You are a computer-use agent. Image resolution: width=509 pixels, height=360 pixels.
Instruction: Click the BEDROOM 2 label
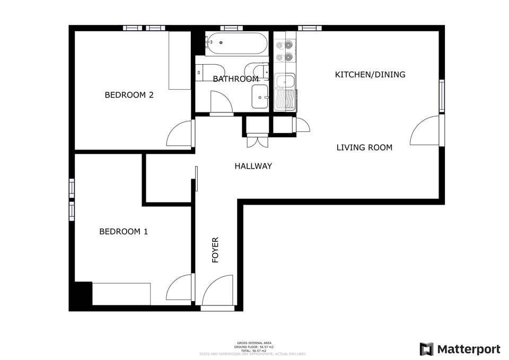(x=129, y=95)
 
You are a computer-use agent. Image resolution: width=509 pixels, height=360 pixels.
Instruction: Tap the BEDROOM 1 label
(x=124, y=232)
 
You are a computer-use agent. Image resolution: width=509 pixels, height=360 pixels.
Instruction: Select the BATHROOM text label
(x=235, y=79)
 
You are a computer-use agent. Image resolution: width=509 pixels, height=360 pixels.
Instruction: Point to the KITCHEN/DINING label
(x=370, y=75)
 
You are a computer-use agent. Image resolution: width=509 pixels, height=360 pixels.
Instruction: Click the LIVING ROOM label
(x=364, y=147)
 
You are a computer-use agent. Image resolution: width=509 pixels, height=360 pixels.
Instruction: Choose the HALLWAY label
(x=253, y=166)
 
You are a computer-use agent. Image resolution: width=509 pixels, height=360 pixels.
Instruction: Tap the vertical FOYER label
(x=215, y=250)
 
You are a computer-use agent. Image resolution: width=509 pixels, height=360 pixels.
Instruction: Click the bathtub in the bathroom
(x=236, y=43)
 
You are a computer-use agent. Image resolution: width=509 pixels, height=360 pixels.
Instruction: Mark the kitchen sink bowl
(x=285, y=82)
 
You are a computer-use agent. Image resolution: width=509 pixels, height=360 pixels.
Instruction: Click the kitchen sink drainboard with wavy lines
(x=285, y=100)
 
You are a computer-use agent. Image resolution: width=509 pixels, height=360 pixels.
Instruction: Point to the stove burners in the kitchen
(x=284, y=50)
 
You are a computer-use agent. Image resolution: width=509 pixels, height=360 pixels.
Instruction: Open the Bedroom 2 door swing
(x=180, y=135)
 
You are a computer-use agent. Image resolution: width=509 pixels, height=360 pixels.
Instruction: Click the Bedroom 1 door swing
(x=180, y=289)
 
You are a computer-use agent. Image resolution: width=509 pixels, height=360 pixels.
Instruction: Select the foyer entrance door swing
(x=218, y=293)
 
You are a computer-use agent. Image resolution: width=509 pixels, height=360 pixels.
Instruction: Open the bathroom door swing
(x=221, y=102)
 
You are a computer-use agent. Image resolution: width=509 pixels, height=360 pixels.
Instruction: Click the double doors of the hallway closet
(x=257, y=142)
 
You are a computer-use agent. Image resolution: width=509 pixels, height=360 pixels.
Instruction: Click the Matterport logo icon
(x=426, y=349)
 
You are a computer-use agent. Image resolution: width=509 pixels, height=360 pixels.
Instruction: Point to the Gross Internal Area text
(x=254, y=343)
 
